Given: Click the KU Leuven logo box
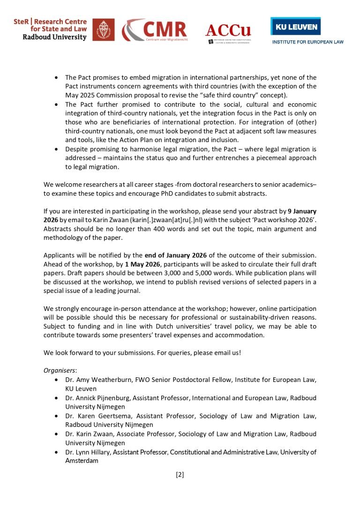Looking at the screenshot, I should click(295, 26).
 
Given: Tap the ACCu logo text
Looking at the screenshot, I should click(228, 30).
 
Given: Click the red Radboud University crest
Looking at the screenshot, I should click(103, 30).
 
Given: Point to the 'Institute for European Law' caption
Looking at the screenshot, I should click(308, 42).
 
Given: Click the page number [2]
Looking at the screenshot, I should click(180, 475).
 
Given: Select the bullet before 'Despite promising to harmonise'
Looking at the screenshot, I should click(57, 149).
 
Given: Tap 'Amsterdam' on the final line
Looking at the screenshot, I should click(82, 461).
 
